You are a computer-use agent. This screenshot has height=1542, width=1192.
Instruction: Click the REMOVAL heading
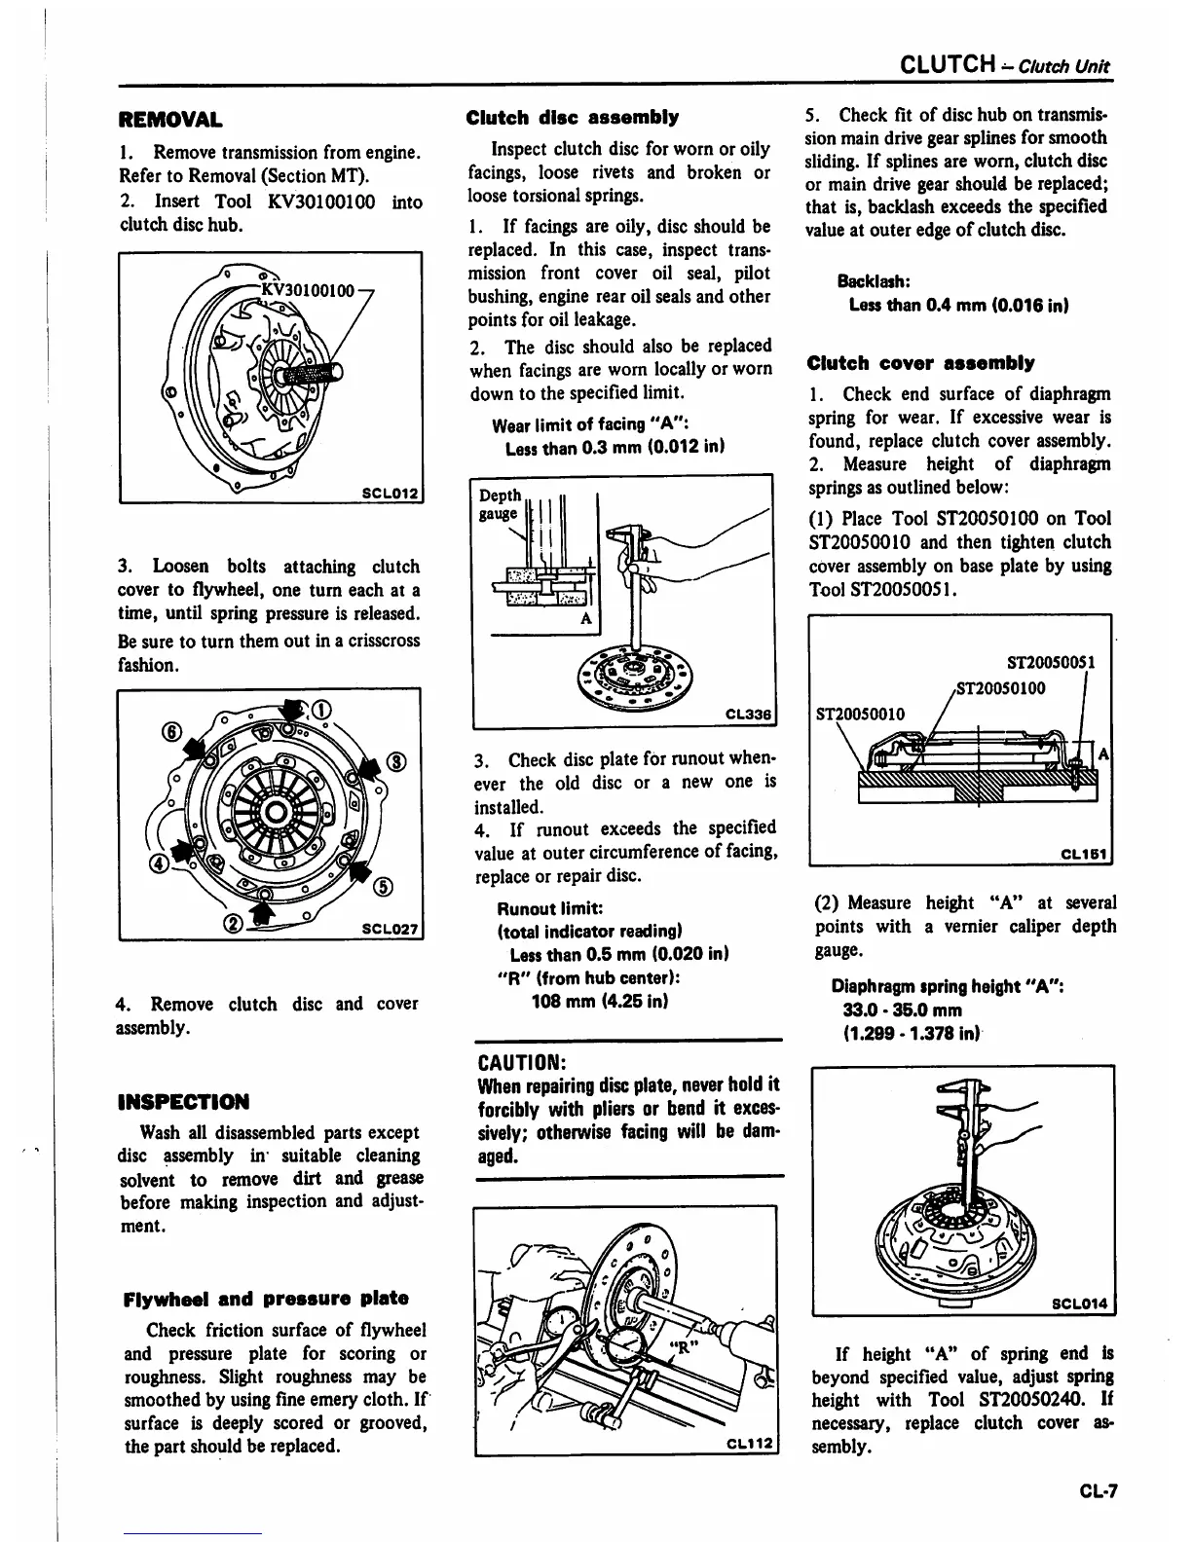pos(169,122)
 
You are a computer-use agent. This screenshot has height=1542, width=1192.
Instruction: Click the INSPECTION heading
pos(182,1102)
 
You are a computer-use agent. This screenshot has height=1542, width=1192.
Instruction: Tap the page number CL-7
pos(1097,1489)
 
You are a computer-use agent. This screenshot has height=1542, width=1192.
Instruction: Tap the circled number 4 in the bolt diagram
pos(157,863)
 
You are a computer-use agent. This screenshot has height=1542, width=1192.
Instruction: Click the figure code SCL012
pos(390,494)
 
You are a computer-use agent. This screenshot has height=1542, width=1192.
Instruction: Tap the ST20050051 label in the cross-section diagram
pos(1051,663)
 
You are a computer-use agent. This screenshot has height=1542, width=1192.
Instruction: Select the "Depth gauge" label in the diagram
pos(500,504)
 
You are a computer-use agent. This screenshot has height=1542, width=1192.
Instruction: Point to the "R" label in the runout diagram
pos(685,1348)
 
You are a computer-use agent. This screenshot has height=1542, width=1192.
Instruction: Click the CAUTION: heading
pos(521,1059)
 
